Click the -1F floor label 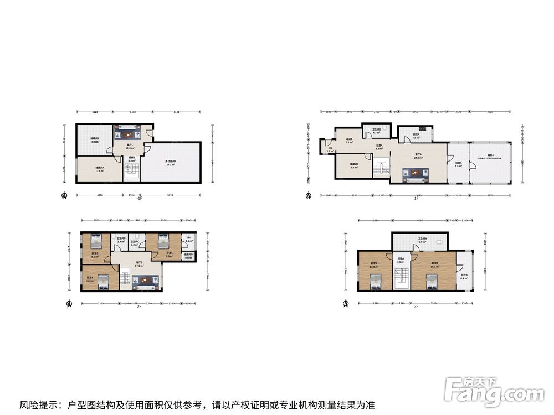click(140, 198)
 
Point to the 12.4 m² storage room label click(100, 169)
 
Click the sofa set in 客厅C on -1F click(129, 133)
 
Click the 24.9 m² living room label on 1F click(418, 156)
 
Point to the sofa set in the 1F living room click(414, 174)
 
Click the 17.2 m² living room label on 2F click(140, 264)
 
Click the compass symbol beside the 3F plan click(346, 304)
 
